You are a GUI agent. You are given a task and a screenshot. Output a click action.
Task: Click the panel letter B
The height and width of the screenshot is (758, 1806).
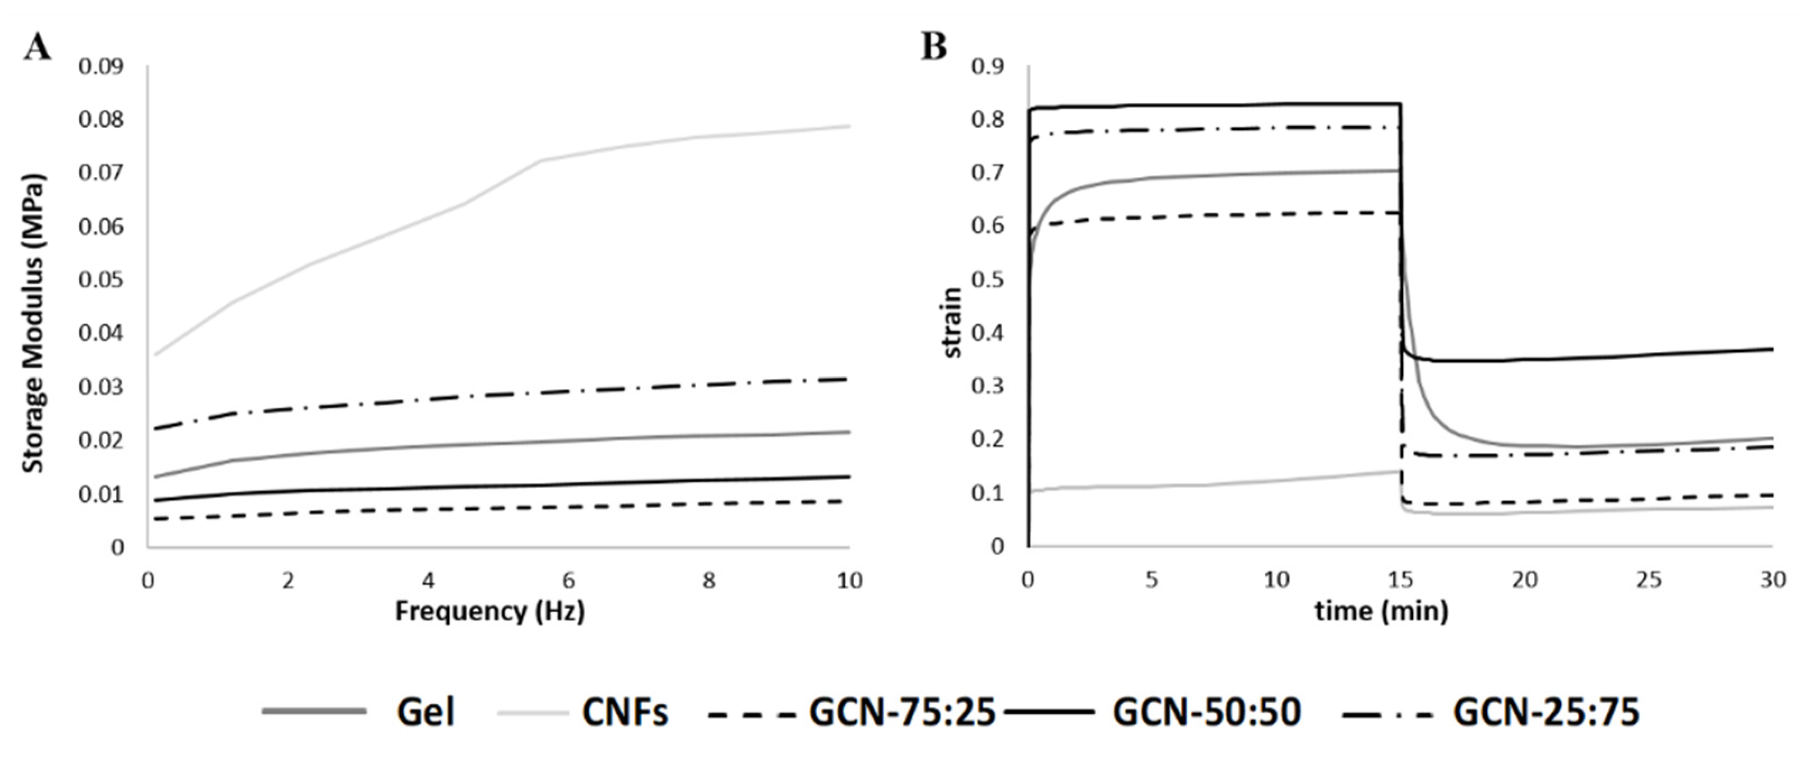tap(933, 48)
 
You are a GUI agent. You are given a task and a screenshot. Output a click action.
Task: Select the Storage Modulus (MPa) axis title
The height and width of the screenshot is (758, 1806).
tap(33, 324)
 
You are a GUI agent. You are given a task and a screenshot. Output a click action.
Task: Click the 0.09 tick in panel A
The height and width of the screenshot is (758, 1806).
tap(100, 67)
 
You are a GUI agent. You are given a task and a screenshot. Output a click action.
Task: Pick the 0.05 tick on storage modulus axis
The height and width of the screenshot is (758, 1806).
tap(100, 280)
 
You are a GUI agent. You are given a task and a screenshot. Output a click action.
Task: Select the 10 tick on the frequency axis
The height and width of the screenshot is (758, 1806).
tap(849, 581)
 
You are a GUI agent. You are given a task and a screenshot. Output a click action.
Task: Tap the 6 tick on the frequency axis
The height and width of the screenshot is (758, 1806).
tap(568, 581)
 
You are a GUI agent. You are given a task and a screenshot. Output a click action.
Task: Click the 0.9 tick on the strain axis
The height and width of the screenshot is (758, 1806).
tap(987, 67)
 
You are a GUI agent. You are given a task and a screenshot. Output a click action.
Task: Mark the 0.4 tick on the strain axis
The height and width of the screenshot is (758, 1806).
tap(987, 333)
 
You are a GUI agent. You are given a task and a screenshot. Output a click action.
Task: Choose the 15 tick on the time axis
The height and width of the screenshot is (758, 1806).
tap(1400, 581)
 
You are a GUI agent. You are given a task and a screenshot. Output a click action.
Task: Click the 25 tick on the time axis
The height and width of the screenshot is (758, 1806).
tap(1648, 581)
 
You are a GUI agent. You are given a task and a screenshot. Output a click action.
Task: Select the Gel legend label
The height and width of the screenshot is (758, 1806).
tap(425, 713)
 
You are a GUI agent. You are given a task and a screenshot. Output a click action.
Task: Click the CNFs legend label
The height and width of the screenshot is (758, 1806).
tap(624, 713)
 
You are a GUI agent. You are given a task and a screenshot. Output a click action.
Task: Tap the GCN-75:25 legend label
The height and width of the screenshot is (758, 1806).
tap(902, 713)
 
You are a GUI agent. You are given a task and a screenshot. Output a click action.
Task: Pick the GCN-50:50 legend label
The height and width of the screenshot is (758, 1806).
tap(1207, 713)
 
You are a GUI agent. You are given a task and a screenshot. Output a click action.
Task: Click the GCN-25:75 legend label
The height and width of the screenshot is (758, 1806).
tap(1546, 713)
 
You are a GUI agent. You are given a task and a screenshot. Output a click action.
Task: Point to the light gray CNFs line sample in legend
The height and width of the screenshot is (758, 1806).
tap(533, 713)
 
